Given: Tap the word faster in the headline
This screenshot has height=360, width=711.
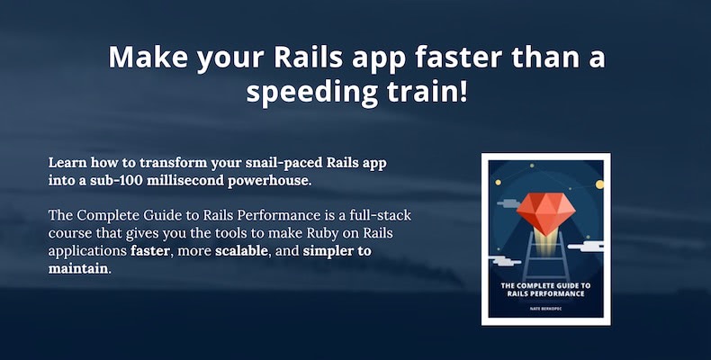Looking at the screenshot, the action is [x=459, y=57].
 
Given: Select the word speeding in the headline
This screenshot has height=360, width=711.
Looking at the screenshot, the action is [x=311, y=93].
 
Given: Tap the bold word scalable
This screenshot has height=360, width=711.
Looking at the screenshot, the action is [x=241, y=251].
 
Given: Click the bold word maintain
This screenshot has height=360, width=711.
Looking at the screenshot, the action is [x=78, y=268].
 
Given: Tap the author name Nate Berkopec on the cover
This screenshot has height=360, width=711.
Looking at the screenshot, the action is [x=545, y=309].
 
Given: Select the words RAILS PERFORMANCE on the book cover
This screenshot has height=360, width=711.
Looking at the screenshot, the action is [x=545, y=293].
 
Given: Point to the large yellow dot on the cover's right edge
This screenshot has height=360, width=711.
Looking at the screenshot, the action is [x=599, y=184].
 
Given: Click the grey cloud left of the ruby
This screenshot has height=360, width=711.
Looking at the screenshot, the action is [x=509, y=203].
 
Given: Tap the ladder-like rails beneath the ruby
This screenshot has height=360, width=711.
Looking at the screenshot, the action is [x=545, y=256].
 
